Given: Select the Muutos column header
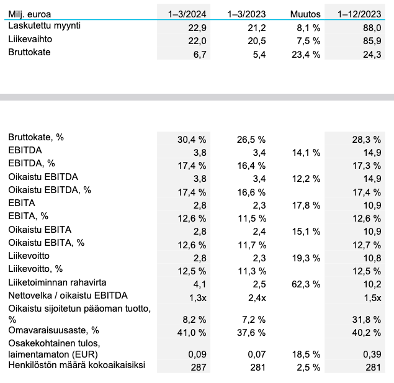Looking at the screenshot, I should [x=305, y=13].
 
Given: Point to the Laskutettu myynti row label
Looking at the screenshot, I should [x=45, y=26].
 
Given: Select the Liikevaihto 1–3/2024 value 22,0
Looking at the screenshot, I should [x=197, y=40].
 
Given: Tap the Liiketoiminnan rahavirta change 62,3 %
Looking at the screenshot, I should [x=305, y=284].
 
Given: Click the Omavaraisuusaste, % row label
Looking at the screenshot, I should [x=53, y=330].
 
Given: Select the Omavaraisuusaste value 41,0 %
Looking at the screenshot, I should [x=192, y=332].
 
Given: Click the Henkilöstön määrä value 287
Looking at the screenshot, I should [x=199, y=367].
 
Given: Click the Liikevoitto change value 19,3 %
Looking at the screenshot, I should [x=305, y=257].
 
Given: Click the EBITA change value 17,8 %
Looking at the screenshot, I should [x=305, y=203].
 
